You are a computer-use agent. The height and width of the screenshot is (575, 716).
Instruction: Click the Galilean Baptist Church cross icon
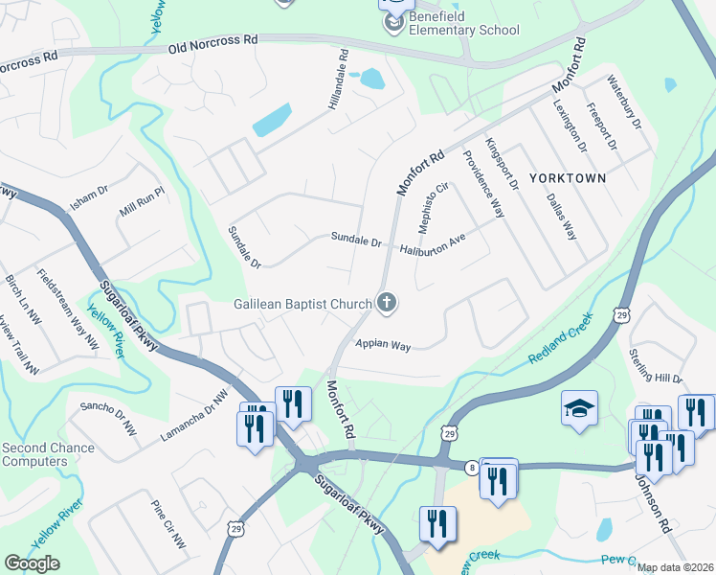point(387,304)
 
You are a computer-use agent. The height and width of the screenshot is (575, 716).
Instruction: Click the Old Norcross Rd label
point(213,44)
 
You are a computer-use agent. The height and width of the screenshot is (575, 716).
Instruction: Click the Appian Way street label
point(383,345)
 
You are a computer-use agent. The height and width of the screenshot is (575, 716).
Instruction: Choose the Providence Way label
point(484,184)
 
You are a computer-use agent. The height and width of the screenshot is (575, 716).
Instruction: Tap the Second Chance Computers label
point(48,454)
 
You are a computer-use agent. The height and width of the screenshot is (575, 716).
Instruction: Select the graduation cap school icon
point(579,409)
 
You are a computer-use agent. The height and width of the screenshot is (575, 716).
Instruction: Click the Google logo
point(32,563)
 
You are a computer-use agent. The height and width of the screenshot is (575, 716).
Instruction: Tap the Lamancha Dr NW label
point(195,414)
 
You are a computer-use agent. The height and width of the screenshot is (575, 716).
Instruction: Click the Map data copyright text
point(676,567)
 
